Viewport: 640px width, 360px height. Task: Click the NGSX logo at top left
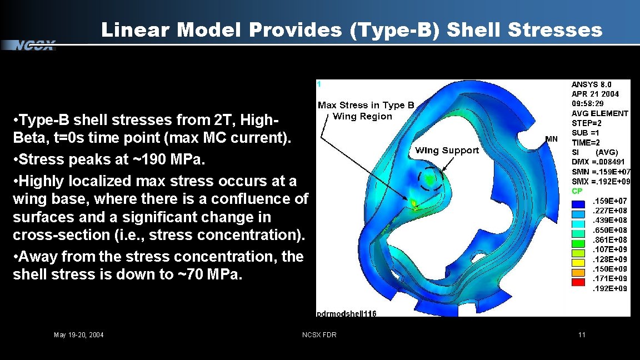34,46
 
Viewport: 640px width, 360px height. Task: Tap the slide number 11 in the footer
582,334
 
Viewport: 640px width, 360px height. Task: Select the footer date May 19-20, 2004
78,334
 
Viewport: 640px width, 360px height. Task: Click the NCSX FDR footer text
319,334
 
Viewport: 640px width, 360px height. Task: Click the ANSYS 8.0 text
591,84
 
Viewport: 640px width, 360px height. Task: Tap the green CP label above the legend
577,191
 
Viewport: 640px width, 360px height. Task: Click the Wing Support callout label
447,150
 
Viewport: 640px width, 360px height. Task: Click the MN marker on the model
551,139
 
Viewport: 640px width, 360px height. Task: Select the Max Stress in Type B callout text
366,106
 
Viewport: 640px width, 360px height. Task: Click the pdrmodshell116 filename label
346,313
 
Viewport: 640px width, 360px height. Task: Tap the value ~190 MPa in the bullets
169,159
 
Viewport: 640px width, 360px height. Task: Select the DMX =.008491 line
601,162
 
